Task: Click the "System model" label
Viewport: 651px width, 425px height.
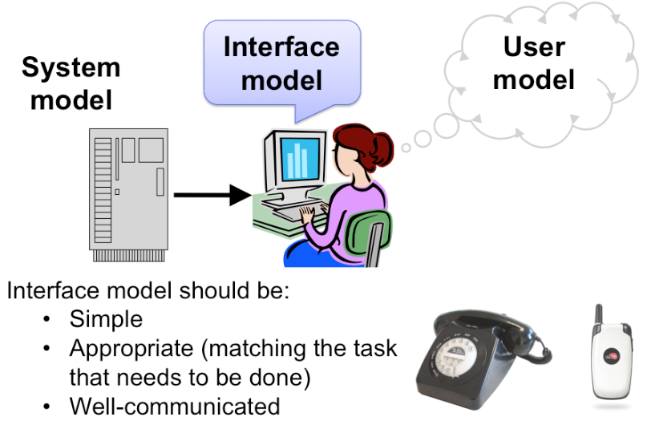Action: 71,83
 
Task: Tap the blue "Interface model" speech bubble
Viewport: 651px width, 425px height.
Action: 281,63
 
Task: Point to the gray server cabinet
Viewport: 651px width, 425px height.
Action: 129,193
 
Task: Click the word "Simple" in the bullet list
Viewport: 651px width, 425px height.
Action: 106,319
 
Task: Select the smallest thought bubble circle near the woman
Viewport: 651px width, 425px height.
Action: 405,148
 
